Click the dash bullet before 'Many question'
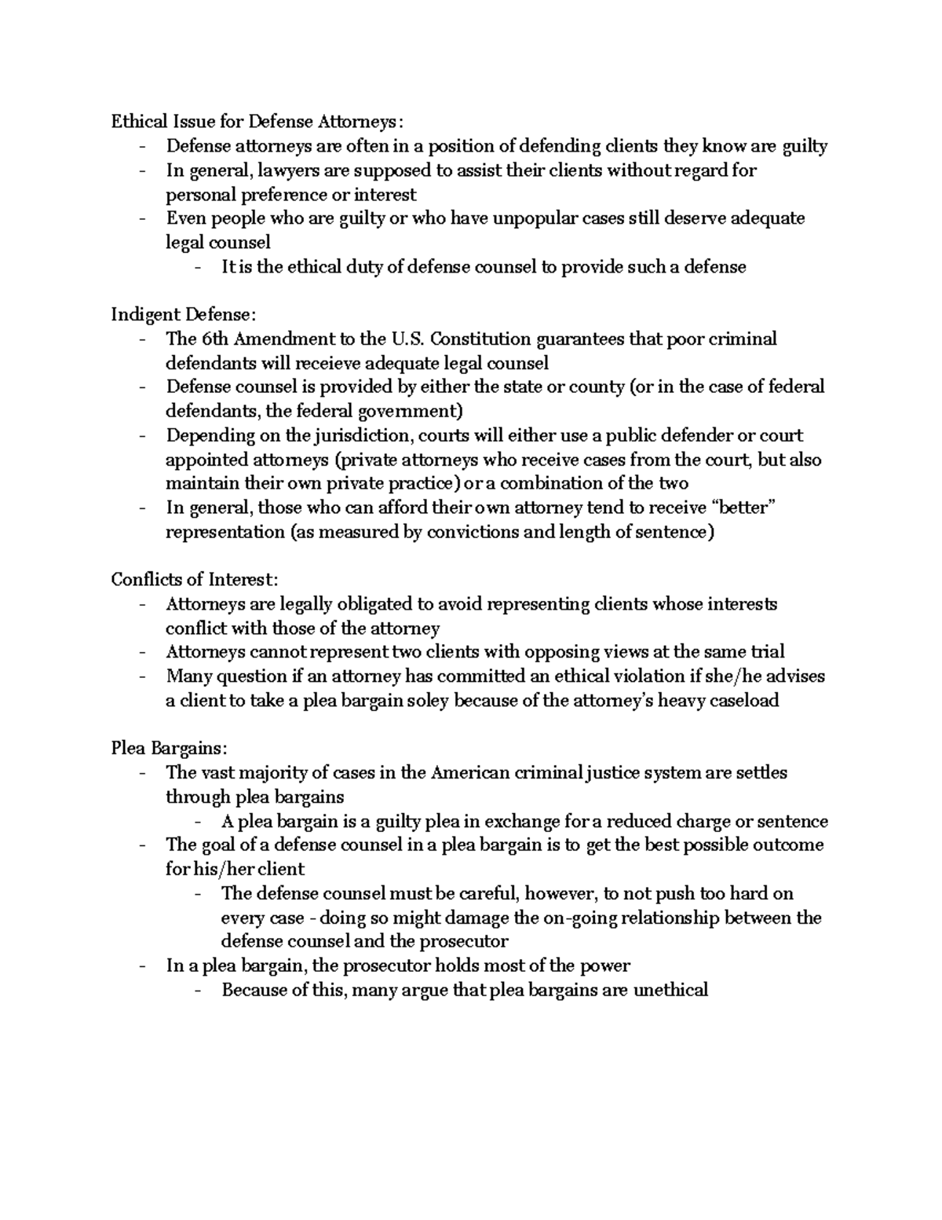[142, 676]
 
